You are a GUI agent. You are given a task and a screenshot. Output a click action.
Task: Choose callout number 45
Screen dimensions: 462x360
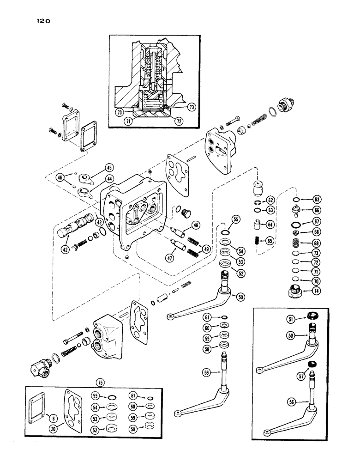point(109,167)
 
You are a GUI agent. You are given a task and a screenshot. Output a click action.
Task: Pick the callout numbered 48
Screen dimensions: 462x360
point(196,226)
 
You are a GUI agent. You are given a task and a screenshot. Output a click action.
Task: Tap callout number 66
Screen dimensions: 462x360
point(316,209)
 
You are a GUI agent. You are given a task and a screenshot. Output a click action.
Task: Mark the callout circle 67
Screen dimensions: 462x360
point(316,221)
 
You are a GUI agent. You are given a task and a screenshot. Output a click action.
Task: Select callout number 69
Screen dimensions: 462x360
point(316,243)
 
